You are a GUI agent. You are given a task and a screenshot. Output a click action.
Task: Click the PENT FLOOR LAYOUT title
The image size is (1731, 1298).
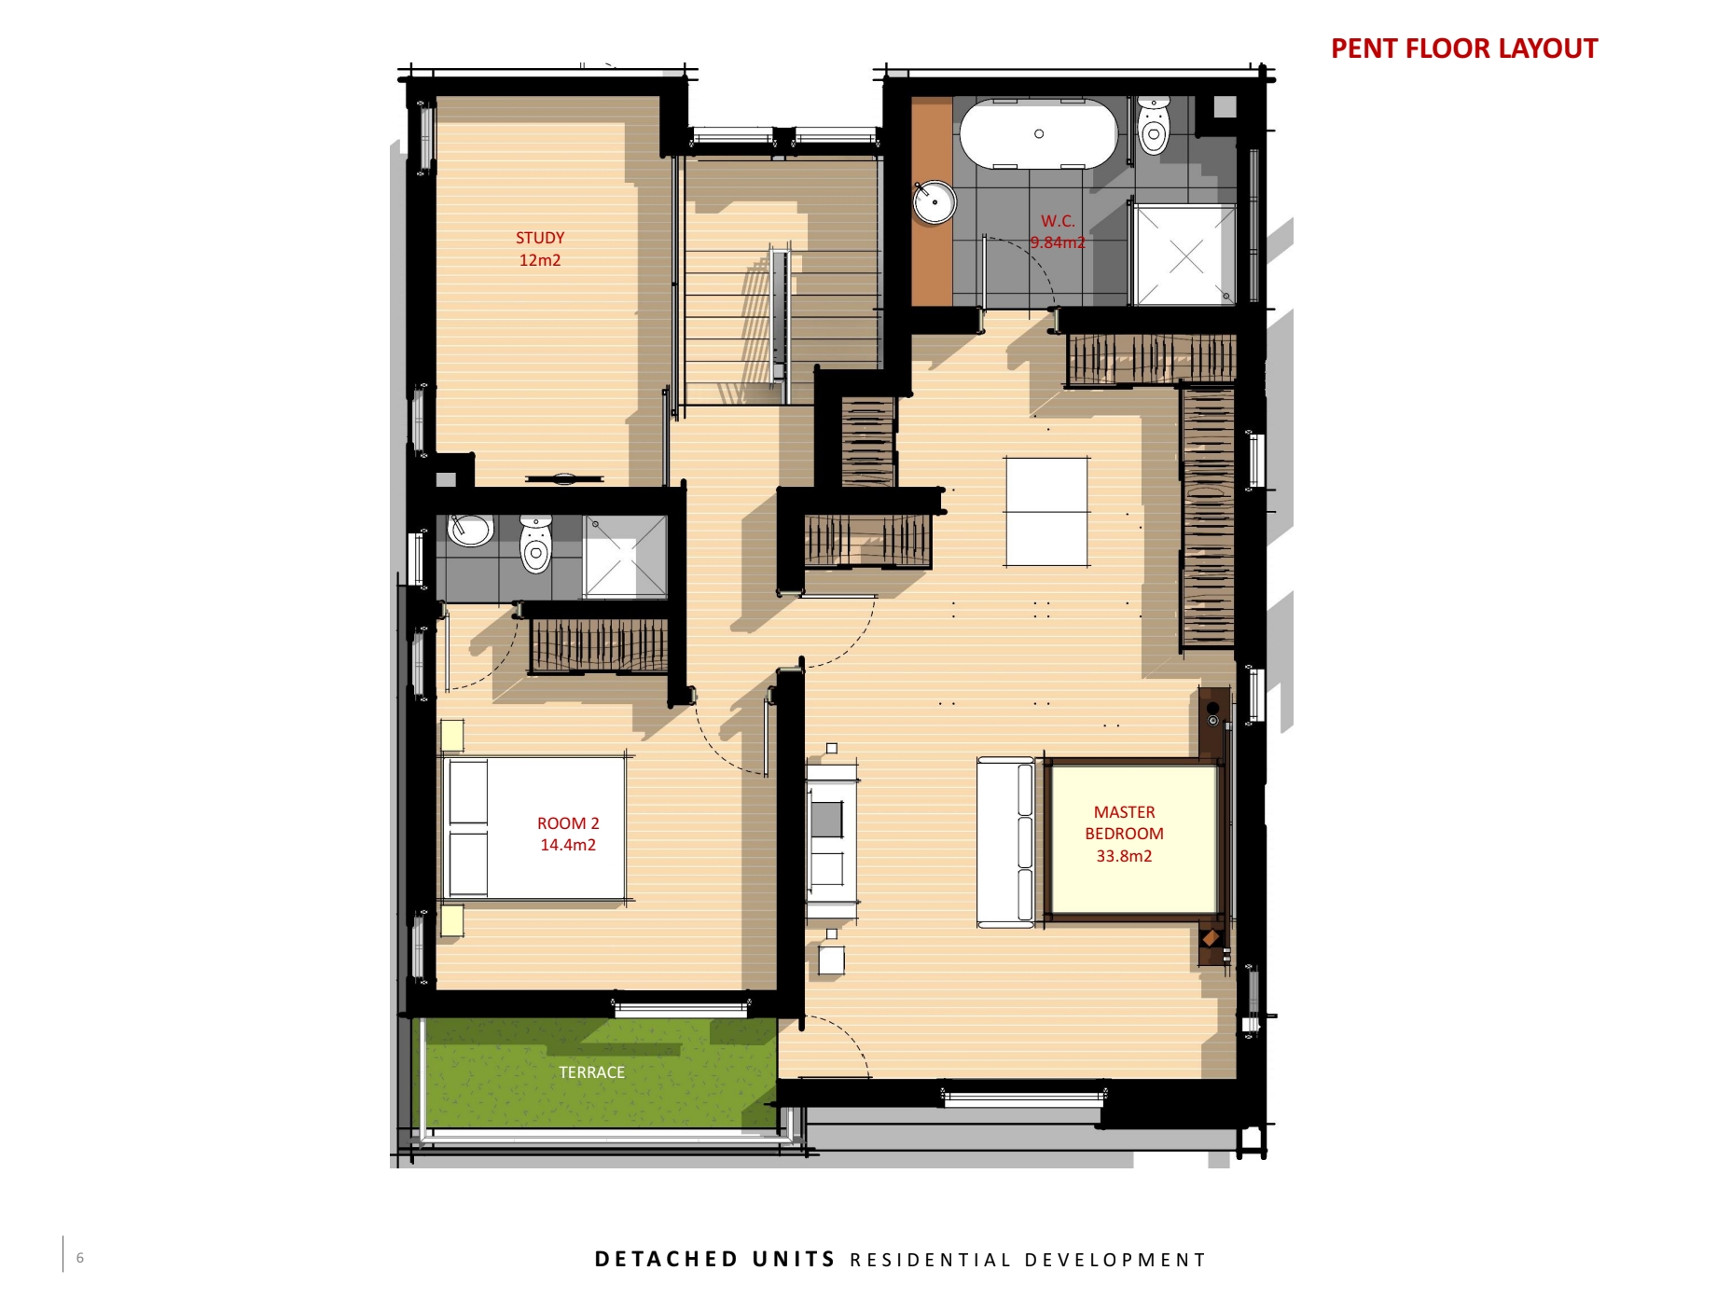click(x=1463, y=48)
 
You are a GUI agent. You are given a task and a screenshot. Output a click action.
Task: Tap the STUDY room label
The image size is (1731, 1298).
click(x=540, y=238)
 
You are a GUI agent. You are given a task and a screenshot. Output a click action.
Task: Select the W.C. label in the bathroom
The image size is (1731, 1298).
click(x=1058, y=221)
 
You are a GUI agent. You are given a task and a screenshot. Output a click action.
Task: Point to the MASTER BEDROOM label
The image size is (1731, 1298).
click(x=1124, y=823)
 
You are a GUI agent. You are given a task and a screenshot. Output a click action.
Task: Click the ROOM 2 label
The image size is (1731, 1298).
click(x=568, y=823)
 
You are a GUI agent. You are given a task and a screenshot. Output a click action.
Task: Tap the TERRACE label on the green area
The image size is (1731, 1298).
click(x=591, y=1072)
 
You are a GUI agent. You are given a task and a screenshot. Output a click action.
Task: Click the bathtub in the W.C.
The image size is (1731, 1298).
click(x=1039, y=134)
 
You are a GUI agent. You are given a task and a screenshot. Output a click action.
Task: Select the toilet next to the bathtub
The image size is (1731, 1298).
click(x=1154, y=126)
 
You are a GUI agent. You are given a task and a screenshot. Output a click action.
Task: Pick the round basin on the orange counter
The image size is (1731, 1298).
click(x=934, y=202)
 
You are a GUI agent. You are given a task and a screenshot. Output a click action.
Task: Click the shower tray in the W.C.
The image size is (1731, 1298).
click(x=1184, y=255)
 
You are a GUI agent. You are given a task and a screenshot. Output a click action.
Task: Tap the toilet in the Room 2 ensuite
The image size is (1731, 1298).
click(x=536, y=545)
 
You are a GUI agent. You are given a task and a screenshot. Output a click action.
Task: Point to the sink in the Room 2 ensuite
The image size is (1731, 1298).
click(x=471, y=531)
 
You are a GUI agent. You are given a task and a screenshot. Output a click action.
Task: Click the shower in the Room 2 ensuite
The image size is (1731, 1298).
click(x=625, y=557)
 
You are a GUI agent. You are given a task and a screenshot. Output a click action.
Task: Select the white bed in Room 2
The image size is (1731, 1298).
click(x=535, y=828)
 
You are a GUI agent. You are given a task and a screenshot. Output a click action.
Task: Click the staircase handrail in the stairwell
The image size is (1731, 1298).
click(x=780, y=315)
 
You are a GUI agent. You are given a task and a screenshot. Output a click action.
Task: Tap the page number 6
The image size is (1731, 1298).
click(x=80, y=1258)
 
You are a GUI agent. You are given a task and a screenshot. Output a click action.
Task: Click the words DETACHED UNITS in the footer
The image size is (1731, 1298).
click(x=715, y=1260)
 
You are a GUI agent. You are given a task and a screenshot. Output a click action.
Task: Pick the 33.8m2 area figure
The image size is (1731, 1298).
click(x=1124, y=856)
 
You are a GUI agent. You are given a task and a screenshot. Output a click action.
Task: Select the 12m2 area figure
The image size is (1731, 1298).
click(x=540, y=260)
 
